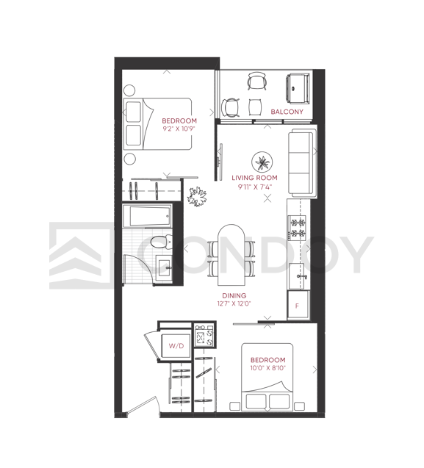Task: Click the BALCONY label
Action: (x=287, y=112)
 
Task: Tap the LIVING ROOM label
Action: (x=254, y=178)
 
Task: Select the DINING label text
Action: (x=234, y=295)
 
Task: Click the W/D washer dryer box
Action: (x=176, y=345)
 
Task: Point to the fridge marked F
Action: (x=298, y=305)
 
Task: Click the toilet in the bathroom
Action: (x=161, y=242)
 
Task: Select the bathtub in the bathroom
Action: (x=147, y=215)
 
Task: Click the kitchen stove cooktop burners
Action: (x=297, y=228)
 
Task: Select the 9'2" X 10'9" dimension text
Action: (x=179, y=129)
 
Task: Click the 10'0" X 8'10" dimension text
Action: (x=267, y=368)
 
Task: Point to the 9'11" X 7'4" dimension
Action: (x=255, y=187)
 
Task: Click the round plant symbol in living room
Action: (x=262, y=162)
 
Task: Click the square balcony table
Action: (x=255, y=107)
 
